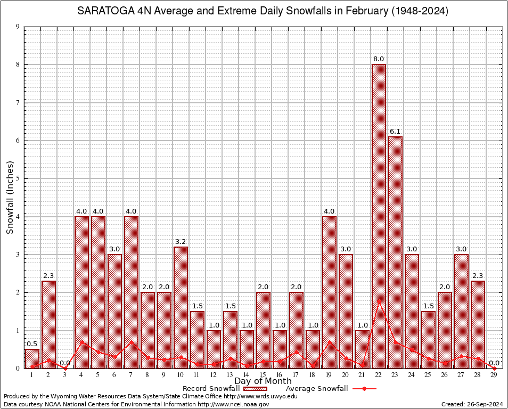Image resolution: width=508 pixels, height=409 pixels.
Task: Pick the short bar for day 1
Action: click(32, 358)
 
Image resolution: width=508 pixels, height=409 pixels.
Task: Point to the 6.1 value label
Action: click(395, 132)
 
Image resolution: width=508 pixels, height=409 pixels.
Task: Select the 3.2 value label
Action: click(181, 242)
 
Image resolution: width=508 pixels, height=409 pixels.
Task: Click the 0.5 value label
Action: click(32, 344)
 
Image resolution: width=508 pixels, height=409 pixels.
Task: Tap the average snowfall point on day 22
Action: click(379, 301)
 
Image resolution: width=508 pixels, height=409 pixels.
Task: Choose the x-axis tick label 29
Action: click(494, 375)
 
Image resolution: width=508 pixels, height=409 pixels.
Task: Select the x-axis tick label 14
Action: click(247, 375)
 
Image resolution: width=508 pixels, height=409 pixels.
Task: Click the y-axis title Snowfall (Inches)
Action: click(10, 197)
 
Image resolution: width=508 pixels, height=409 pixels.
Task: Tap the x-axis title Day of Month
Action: click(263, 381)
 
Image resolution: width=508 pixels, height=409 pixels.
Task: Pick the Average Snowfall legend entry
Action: click(317, 389)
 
